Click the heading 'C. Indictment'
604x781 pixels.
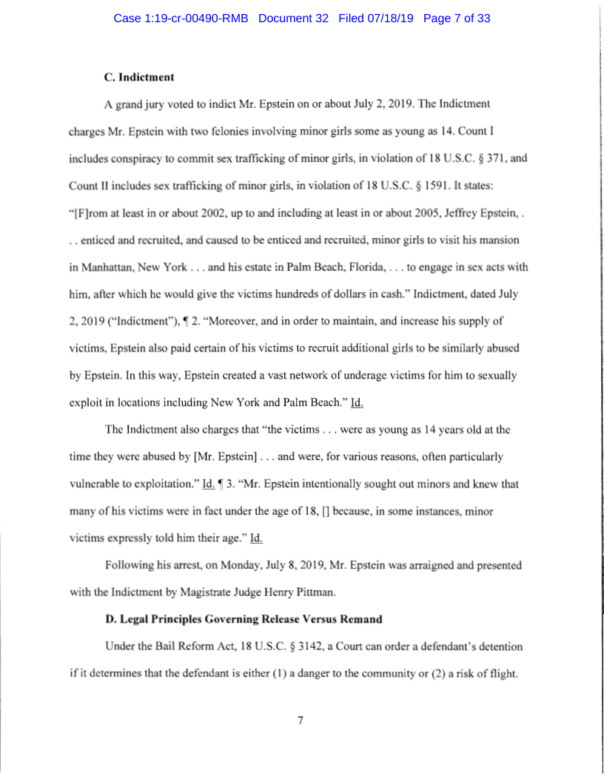tap(138, 76)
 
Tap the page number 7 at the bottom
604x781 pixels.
tap(301, 720)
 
